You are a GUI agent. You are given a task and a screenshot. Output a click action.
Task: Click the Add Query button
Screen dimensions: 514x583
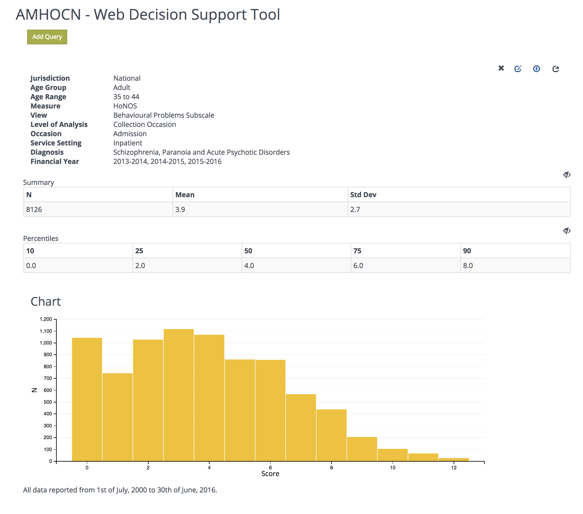[47, 37]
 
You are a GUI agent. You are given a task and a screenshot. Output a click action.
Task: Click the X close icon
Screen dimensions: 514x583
[501, 68]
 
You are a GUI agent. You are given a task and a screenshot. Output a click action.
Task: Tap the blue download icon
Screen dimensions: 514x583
[536, 68]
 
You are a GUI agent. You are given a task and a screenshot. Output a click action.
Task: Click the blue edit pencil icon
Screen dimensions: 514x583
[518, 69]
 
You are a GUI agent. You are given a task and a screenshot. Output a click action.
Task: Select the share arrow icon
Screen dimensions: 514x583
[556, 69]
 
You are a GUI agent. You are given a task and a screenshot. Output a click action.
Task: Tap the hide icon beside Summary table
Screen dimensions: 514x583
[566, 175]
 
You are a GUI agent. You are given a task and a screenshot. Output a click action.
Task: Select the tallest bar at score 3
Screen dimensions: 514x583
[178, 394]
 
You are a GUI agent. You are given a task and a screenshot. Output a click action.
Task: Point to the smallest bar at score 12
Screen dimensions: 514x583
[454, 459]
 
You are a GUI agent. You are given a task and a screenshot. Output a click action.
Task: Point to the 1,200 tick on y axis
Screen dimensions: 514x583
[46, 319]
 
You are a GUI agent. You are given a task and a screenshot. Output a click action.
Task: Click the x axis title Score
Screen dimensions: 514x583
[270, 474]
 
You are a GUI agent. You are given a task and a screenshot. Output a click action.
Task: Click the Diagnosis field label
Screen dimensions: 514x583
[47, 152]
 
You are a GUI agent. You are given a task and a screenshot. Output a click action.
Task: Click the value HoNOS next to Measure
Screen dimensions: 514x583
[125, 106]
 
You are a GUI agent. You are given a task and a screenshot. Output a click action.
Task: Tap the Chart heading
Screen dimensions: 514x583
[46, 301]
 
